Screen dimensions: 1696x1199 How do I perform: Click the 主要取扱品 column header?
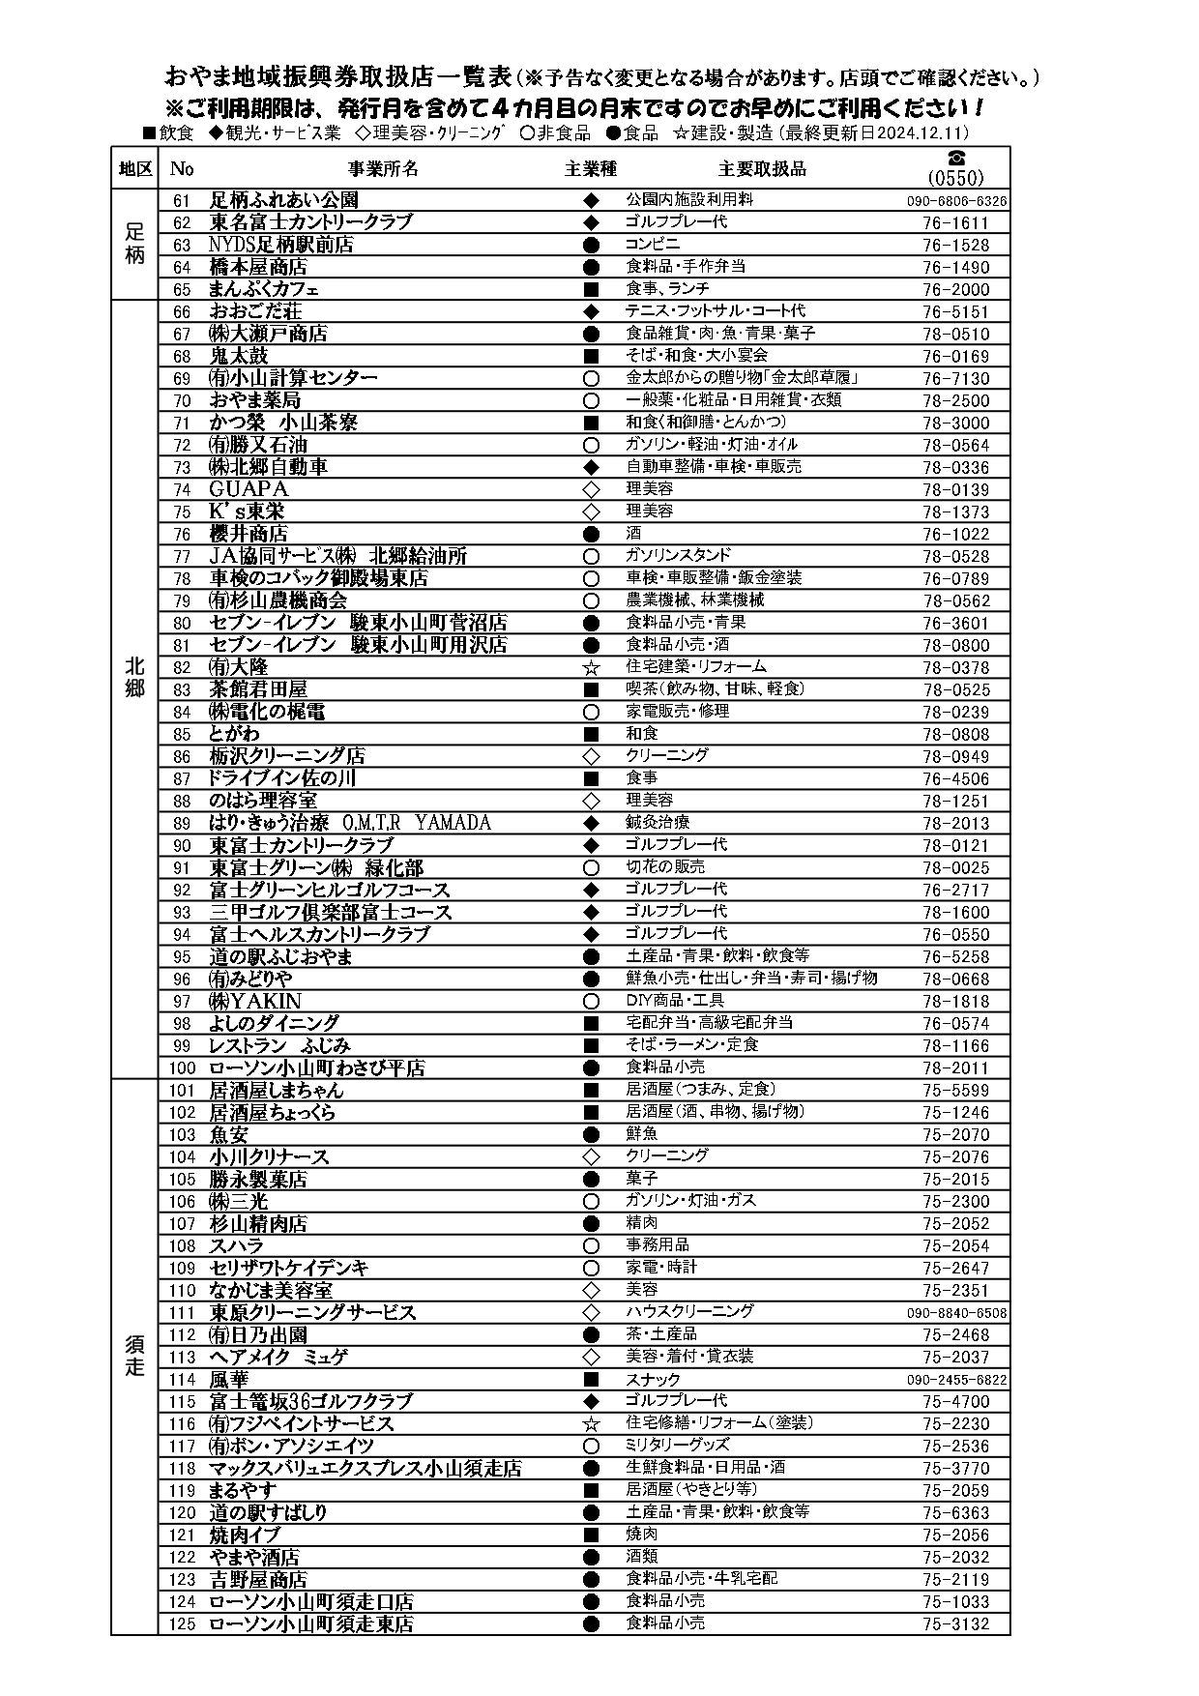click(762, 168)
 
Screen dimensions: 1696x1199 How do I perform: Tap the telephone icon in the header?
click(955, 158)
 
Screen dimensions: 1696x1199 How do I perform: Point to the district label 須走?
click(134, 1356)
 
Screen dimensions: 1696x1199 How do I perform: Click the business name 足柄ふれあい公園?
click(284, 200)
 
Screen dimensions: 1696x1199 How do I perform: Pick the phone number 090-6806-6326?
click(956, 201)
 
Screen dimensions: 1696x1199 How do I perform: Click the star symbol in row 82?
click(592, 667)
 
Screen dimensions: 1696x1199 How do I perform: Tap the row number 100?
click(182, 1068)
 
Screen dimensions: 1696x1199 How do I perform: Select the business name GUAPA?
click(249, 489)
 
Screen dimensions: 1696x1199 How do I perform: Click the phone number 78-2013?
click(955, 824)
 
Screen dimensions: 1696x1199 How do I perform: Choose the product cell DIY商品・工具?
click(675, 1001)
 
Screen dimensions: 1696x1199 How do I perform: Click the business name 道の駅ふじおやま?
click(281, 957)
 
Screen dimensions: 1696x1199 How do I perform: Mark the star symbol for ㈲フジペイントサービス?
click(592, 1424)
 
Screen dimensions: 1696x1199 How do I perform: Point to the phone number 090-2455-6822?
click(956, 1380)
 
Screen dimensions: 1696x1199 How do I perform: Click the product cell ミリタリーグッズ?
click(678, 1446)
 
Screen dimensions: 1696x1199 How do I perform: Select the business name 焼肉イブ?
click(245, 1535)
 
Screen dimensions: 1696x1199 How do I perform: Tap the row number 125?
click(182, 1624)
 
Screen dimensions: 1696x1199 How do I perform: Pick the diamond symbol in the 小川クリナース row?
click(592, 1157)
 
